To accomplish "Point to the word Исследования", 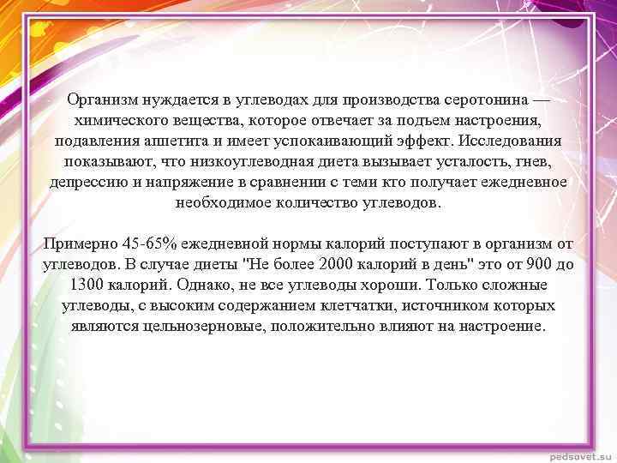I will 512,140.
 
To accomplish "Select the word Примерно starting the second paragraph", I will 79,244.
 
